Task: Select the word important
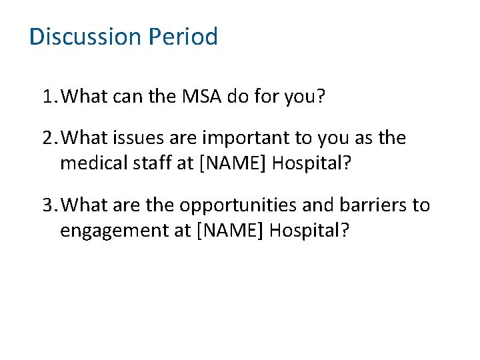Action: pyautogui.click(x=239, y=139)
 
